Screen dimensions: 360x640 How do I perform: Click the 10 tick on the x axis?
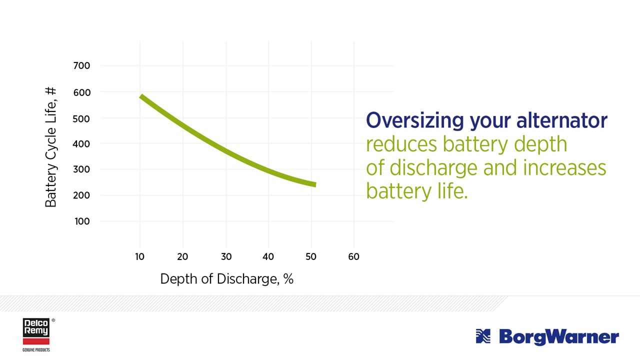tap(139, 257)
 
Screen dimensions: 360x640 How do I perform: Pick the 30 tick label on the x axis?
tap(226, 257)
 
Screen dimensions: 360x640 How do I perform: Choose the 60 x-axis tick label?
tap(353, 257)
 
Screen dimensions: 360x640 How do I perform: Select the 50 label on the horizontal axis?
tap(311, 257)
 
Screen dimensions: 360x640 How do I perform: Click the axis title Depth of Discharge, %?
tap(226, 279)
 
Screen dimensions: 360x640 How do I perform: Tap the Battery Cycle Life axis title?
tap(51, 147)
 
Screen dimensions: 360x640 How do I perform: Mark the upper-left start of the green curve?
tap(141, 96)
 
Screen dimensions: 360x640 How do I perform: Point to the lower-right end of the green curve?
tap(314, 184)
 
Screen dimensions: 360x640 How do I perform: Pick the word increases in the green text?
tap(564, 168)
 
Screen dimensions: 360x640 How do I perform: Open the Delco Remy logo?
tap(36, 333)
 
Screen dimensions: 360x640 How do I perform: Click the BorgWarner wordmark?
tap(558, 337)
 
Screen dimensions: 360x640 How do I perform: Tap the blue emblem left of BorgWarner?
tap(483, 336)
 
